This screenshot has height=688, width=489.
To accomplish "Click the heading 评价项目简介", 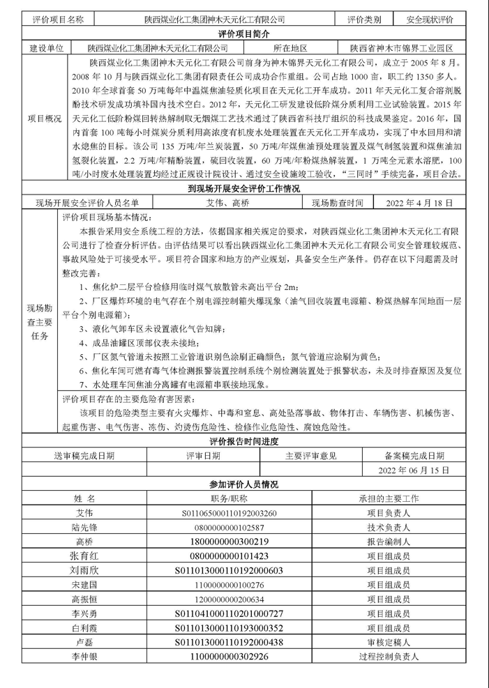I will coord(243,33).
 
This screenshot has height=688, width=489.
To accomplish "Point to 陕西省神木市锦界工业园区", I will coord(402,48).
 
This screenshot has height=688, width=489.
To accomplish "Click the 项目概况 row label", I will coord(44,119).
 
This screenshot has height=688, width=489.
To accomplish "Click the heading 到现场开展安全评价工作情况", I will coord(244,189).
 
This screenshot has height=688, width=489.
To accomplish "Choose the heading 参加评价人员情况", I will coord(243,484).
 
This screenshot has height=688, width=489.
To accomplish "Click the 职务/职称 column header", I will coord(229,499).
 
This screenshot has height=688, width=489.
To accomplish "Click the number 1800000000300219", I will coord(229,542).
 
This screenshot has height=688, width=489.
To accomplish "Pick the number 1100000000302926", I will coord(229,657).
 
